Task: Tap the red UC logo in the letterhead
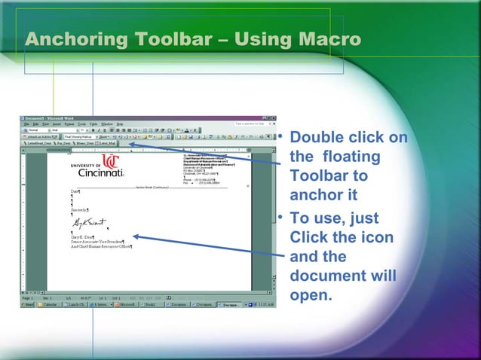point(110,161)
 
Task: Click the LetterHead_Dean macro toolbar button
point(37,142)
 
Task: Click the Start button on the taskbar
point(28,305)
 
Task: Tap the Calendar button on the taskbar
point(51,305)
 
